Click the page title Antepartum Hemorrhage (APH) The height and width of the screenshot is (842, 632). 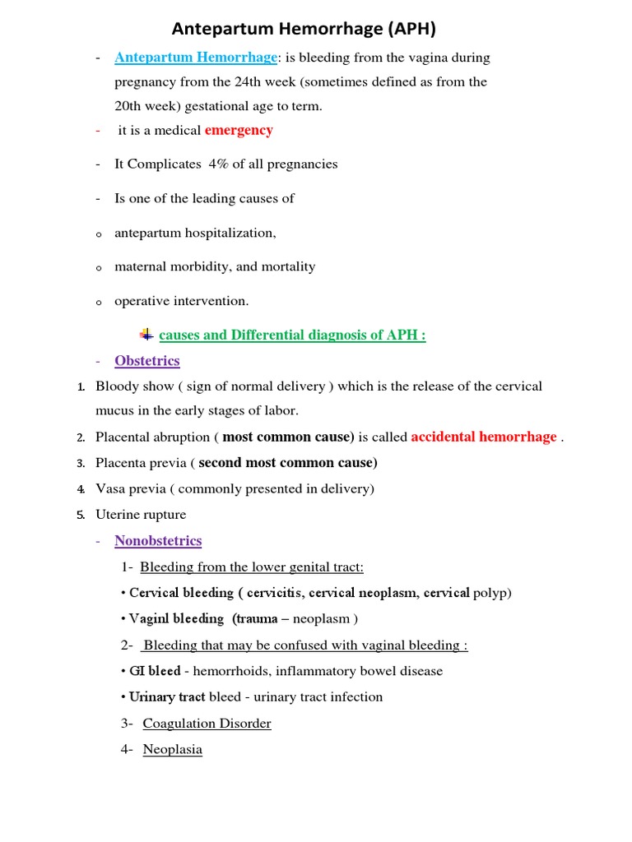click(304, 30)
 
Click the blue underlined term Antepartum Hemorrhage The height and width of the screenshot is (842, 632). click(196, 58)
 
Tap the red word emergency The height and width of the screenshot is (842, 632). click(239, 130)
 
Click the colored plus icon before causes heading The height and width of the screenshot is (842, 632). click(146, 334)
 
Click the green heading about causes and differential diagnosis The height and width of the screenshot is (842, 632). click(292, 335)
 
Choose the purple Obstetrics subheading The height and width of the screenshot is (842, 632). click(147, 361)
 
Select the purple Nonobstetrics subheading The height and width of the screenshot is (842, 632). click(158, 540)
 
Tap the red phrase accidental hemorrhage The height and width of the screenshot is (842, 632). click(484, 437)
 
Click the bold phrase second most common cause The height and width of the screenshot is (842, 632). click(288, 463)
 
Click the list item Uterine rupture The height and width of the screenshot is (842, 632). click(141, 515)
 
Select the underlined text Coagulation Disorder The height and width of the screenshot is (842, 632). click(207, 724)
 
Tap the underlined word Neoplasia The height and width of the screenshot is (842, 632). click(172, 749)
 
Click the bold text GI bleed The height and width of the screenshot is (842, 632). click(155, 671)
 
